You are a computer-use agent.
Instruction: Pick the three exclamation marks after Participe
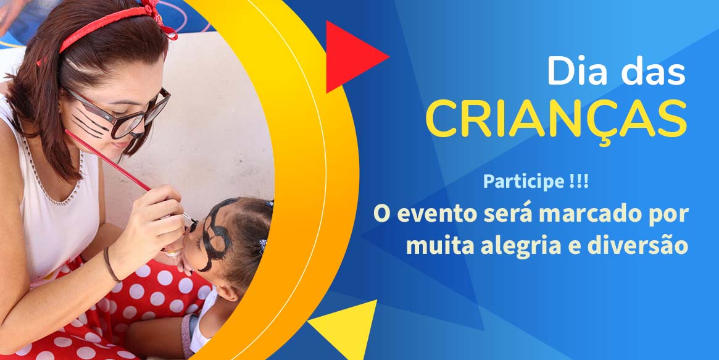point(579,182)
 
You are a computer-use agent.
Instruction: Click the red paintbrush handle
point(108,161)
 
